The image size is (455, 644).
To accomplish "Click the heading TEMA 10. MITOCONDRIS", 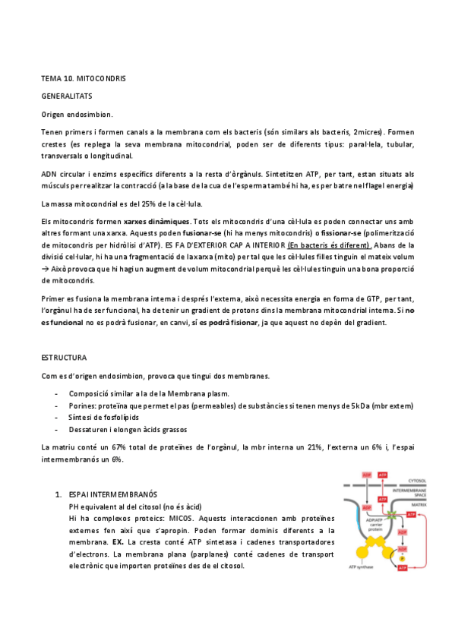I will (84, 79).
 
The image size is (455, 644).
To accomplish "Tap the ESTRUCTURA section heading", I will (64, 357).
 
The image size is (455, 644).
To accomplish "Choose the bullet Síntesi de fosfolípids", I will (105, 418).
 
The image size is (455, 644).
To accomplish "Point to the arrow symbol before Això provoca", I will (46, 270).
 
